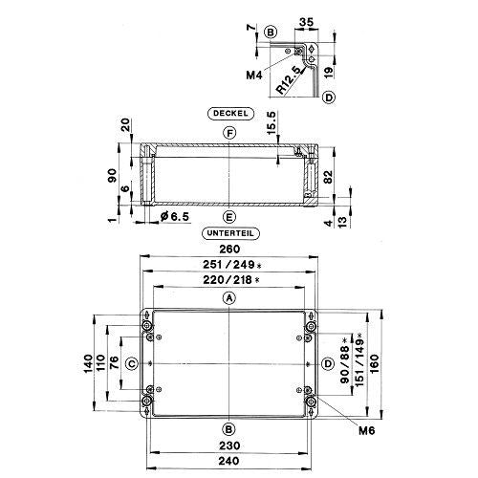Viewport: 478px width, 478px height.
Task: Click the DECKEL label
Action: [230, 114]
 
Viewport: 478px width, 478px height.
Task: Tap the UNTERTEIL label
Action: [230, 233]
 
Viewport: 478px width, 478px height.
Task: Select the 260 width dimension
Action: [229, 249]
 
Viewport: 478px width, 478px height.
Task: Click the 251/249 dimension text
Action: [232, 265]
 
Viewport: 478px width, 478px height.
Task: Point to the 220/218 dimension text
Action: [230, 280]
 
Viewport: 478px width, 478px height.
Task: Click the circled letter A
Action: [229, 298]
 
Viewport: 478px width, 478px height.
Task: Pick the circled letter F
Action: [229, 133]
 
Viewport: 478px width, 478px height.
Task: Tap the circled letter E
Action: [229, 217]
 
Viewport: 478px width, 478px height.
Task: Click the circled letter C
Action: [132, 363]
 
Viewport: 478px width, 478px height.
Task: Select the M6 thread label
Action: [366, 431]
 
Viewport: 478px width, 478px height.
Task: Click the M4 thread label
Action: [253, 76]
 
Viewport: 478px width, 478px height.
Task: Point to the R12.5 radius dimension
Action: [289, 80]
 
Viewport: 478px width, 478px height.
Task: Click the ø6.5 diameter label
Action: [175, 217]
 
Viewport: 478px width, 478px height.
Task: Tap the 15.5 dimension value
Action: [272, 123]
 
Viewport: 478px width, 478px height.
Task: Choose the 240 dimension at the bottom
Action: [228, 461]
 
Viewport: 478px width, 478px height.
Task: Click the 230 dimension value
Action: [229, 445]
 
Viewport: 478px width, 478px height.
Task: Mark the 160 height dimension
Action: [375, 363]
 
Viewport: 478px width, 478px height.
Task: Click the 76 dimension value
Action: [114, 363]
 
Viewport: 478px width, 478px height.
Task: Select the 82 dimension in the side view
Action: [328, 177]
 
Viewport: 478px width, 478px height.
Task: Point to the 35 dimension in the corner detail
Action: [307, 22]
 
